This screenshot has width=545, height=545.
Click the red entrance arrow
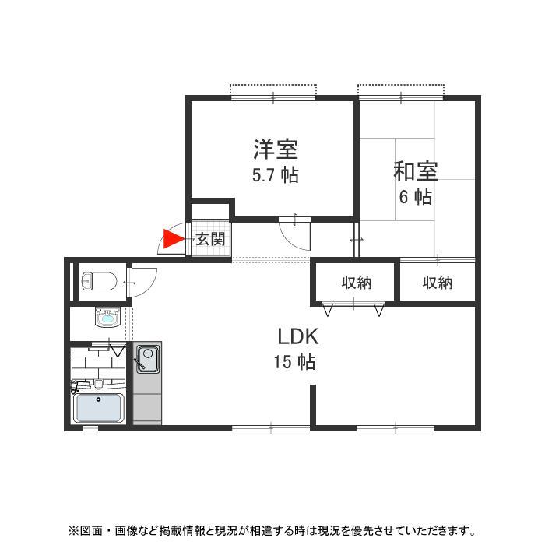[x=172, y=239]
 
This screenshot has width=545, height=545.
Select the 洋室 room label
[x=275, y=148]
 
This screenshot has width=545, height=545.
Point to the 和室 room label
[x=415, y=171]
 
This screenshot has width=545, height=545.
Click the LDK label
[x=297, y=336]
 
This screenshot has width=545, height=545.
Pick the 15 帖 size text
[x=294, y=361]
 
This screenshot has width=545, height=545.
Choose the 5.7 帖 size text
[x=275, y=174]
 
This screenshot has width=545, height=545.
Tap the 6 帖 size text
[x=415, y=196]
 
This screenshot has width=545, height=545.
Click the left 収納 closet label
[x=356, y=283]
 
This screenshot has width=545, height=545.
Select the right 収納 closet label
[x=438, y=283]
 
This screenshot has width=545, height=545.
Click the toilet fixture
[x=99, y=280]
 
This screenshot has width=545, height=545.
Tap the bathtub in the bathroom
[x=99, y=407]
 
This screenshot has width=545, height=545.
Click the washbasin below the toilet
[x=107, y=316]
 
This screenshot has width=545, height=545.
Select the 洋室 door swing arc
[x=294, y=234]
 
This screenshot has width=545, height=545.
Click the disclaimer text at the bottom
[x=272, y=531]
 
